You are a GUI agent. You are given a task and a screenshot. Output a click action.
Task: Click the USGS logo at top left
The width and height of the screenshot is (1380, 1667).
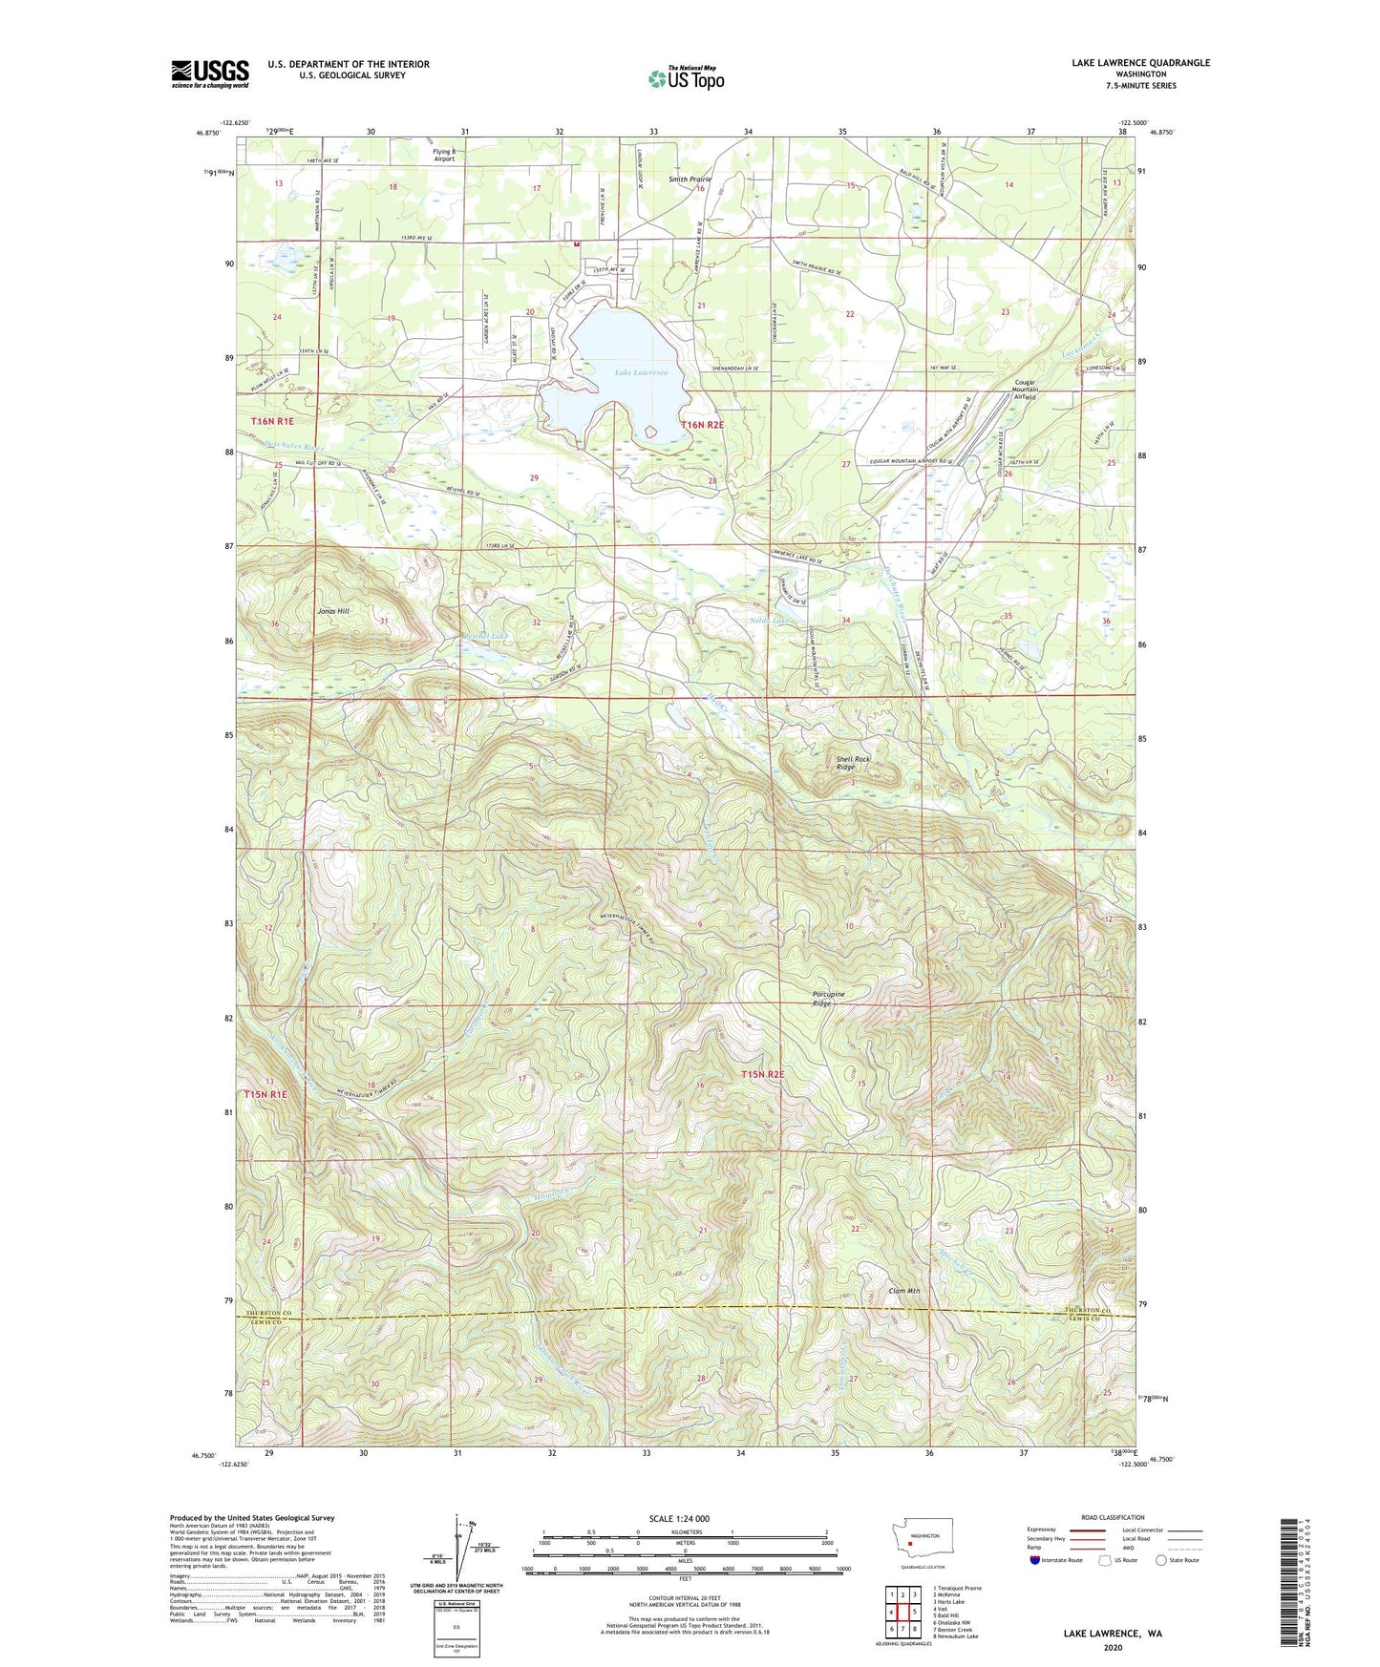click(210, 74)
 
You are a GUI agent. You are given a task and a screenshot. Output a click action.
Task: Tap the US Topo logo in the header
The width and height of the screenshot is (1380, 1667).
click(686, 78)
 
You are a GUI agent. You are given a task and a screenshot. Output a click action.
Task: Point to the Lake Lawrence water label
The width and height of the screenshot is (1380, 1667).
click(642, 372)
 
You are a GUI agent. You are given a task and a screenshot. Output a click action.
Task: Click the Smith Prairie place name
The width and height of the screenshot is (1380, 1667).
click(690, 179)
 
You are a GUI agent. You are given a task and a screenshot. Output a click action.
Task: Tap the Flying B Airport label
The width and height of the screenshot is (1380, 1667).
click(444, 155)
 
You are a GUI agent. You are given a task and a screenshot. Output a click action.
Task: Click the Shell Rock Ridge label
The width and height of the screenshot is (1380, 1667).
click(853, 763)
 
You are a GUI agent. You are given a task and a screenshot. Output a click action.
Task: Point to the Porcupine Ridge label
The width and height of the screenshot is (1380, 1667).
click(828, 999)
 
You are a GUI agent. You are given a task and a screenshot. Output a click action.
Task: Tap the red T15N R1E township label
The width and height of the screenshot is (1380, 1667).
click(265, 1094)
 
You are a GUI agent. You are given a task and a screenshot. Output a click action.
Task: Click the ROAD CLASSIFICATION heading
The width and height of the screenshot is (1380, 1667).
click(1113, 1517)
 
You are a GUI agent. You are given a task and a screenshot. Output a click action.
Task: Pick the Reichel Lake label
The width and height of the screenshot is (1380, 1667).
click(487, 636)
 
